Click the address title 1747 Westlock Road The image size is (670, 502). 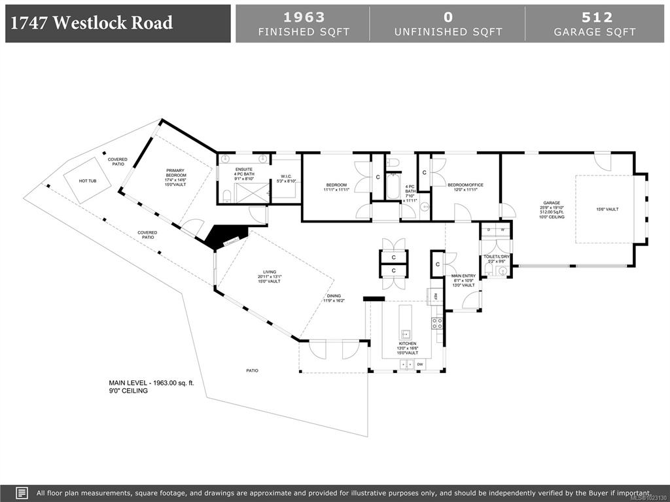pyautogui.click(x=92, y=23)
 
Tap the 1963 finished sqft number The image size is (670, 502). pyautogui.click(x=304, y=17)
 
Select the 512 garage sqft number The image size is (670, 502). pyautogui.click(x=594, y=17)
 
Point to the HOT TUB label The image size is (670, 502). pyautogui.click(x=87, y=180)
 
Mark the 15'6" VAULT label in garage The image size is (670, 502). pyautogui.click(x=607, y=209)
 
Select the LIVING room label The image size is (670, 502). pyautogui.click(x=270, y=272)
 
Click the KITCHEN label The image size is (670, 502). pyautogui.click(x=408, y=344)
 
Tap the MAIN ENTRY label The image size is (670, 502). pyautogui.click(x=463, y=276)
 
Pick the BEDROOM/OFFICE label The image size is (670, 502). pyautogui.click(x=465, y=185)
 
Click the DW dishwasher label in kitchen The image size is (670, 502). pyautogui.click(x=420, y=364)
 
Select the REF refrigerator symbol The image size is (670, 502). pyautogui.click(x=435, y=295)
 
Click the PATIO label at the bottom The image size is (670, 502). pyautogui.click(x=252, y=370)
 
